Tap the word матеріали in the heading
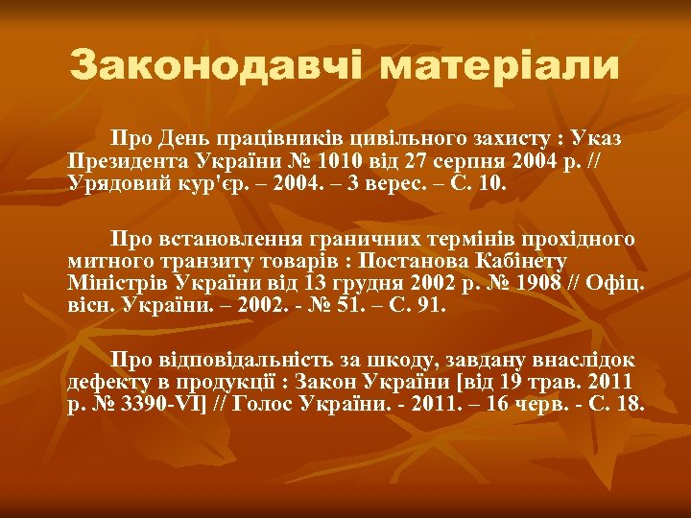[498, 66]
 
